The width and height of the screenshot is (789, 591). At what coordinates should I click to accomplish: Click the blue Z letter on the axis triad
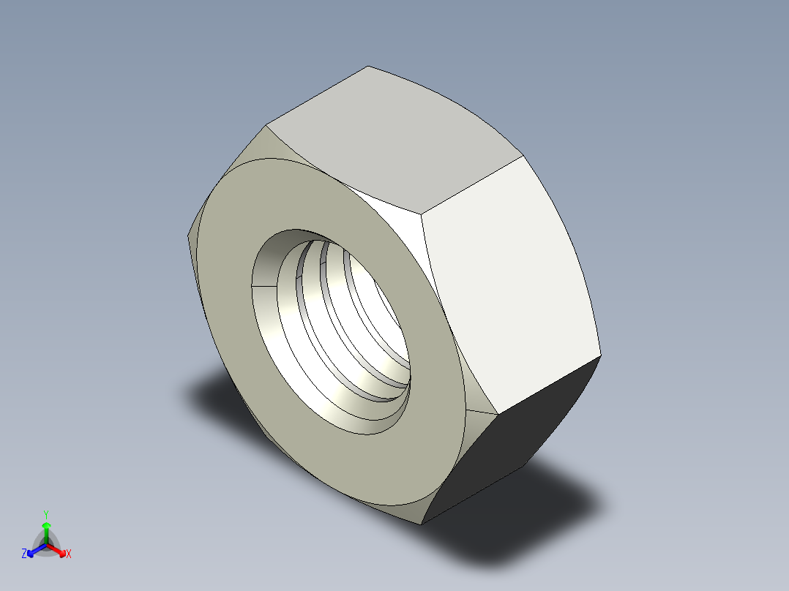coord(24,554)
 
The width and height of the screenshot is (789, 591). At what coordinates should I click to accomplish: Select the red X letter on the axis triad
coord(69,554)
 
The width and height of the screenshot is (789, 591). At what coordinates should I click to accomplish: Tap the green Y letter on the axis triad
coord(45,514)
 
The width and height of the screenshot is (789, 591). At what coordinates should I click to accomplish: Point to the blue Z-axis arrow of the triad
coord(34,550)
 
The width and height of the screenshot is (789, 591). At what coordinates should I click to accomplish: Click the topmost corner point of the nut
coord(367,66)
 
